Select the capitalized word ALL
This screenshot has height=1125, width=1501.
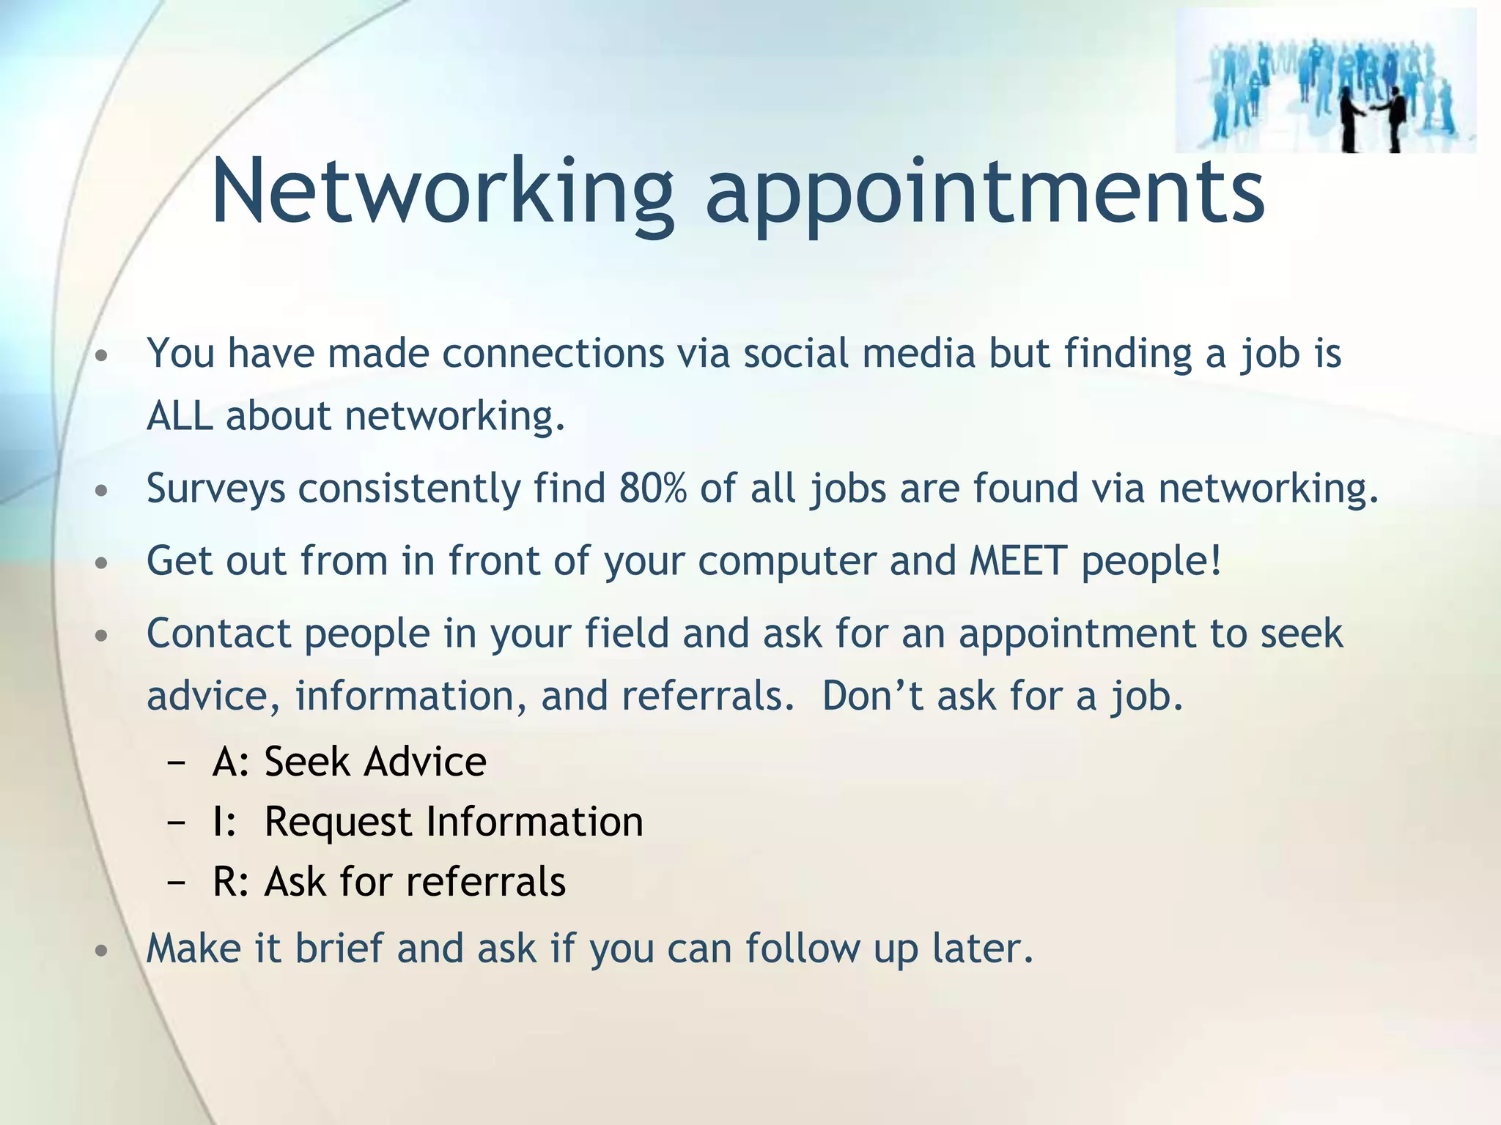[180, 416]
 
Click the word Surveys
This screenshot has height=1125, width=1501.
[215, 489]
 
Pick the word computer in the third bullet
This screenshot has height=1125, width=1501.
[786, 562]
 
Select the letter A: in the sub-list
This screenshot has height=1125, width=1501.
[232, 762]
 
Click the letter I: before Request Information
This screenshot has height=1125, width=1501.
[224, 822]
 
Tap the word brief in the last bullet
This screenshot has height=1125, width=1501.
[339, 948]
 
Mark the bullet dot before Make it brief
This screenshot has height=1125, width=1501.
[102, 951]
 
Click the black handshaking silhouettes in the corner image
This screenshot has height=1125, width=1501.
[1376, 116]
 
